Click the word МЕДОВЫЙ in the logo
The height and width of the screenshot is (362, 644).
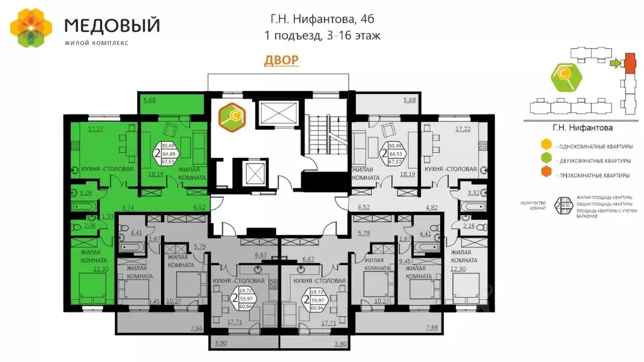[x=113, y=26]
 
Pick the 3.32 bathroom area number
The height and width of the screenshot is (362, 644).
[x=474, y=192]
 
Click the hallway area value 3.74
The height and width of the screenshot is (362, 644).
[x=128, y=207]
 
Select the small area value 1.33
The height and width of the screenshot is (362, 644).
[x=108, y=216]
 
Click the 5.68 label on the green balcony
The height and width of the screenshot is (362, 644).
[x=149, y=99]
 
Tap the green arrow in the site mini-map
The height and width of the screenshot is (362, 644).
[x=615, y=62]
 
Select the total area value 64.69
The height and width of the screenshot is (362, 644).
[x=169, y=153]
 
